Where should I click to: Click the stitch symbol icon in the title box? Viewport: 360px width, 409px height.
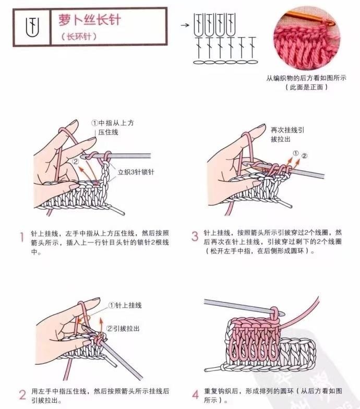tap(32, 27)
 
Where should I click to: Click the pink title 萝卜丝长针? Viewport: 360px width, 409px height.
tap(90, 20)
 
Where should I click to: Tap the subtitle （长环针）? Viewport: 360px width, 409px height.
tap(79, 37)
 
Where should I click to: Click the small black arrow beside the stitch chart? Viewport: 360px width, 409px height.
tap(185, 25)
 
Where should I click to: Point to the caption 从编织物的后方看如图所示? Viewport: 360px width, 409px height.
tap(306, 78)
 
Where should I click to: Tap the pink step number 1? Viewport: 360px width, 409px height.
tap(22, 237)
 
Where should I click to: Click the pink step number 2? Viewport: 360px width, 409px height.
tap(22, 394)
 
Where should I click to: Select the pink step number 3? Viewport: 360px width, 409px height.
tap(195, 236)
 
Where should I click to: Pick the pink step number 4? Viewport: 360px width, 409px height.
tap(196, 394)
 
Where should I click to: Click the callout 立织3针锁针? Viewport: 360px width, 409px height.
tap(136, 172)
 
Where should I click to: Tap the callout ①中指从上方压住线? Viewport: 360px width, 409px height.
tap(113, 127)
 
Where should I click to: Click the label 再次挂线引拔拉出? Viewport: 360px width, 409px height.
tap(287, 135)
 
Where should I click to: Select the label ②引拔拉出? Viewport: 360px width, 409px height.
tap(123, 329)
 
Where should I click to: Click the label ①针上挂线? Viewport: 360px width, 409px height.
tap(125, 305)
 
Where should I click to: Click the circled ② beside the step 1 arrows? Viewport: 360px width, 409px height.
tap(76, 162)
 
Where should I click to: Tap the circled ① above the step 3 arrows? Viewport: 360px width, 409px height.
tap(295, 153)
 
